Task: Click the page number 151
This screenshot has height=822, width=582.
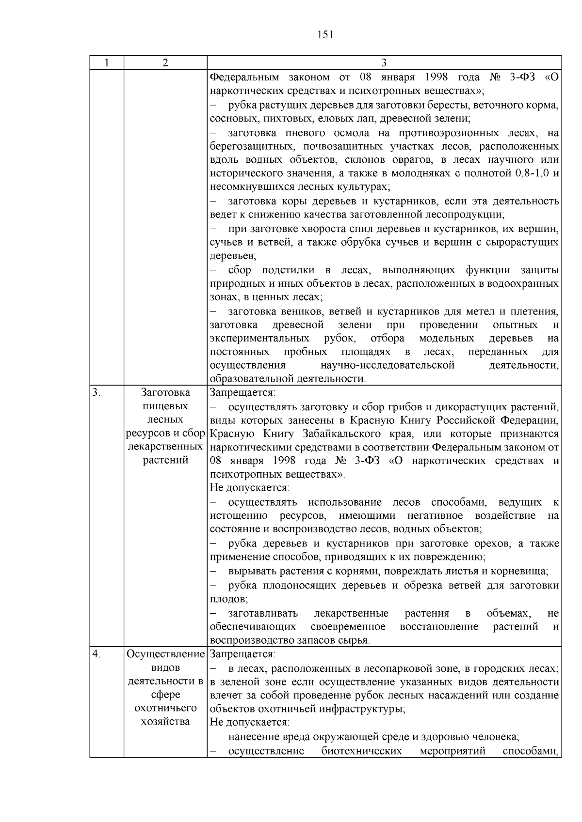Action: point(325,34)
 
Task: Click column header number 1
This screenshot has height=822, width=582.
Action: point(107,63)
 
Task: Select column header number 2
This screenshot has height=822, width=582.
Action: point(165,63)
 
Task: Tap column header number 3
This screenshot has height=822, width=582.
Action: point(384,63)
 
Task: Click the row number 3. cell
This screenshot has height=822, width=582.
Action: point(97,392)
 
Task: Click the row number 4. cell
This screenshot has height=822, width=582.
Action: point(97,654)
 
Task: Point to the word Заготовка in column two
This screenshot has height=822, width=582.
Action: point(165,392)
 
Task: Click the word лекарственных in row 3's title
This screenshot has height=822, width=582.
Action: point(165,446)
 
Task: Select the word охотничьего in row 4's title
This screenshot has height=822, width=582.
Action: point(165,708)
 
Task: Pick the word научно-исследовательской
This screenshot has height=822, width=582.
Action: point(388,365)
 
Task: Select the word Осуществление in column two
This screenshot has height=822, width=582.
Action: point(165,654)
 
